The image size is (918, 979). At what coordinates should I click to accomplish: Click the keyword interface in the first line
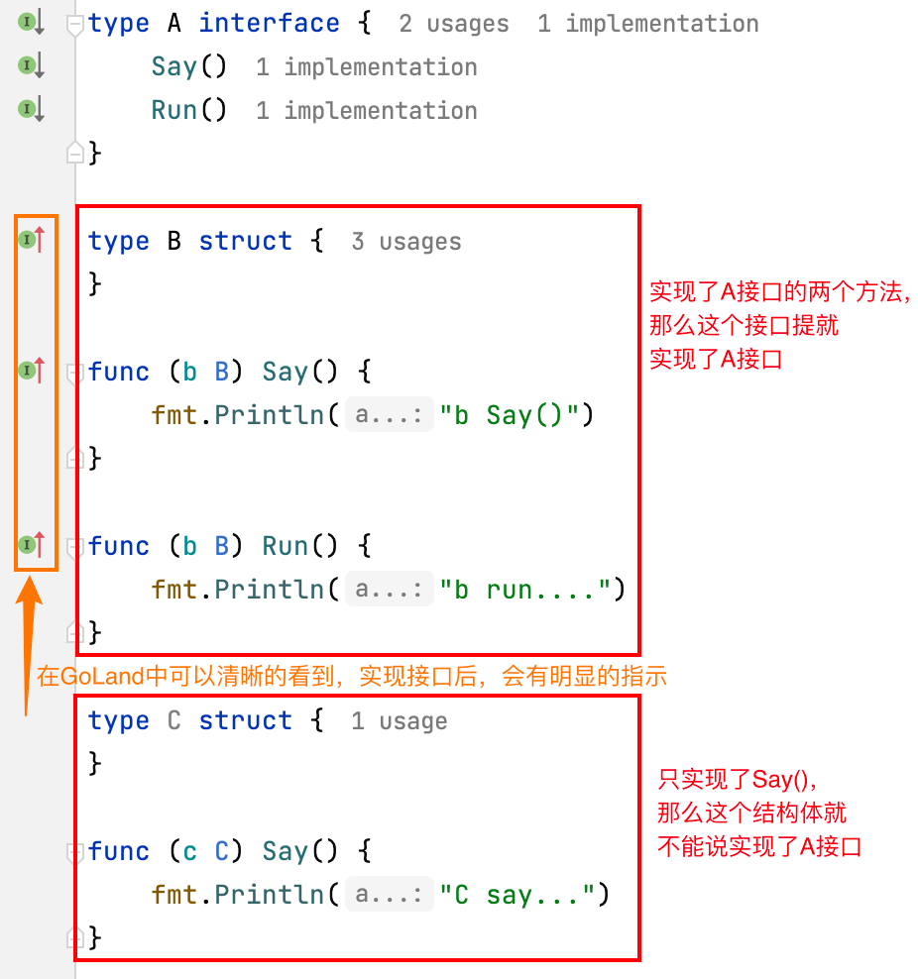point(269,24)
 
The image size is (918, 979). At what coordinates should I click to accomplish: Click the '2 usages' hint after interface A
point(453,24)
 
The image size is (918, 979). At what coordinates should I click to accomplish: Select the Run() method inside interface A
point(188,110)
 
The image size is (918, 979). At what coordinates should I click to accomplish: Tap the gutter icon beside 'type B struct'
point(32,240)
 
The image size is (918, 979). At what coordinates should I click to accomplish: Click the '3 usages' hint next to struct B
point(405,242)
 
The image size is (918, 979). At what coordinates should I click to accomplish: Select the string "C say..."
point(524,895)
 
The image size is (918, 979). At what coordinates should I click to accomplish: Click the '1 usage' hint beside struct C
point(399,721)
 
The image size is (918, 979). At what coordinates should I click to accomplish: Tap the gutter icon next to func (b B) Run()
point(32,544)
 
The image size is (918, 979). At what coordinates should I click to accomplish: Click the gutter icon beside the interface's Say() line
point(32,66)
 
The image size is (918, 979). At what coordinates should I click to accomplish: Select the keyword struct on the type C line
point(245,720)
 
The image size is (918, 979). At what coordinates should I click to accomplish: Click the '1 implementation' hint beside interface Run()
point(366,110)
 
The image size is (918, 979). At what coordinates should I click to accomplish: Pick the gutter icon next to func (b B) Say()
point(32,371)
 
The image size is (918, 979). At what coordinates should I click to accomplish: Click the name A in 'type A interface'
point(174,24)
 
